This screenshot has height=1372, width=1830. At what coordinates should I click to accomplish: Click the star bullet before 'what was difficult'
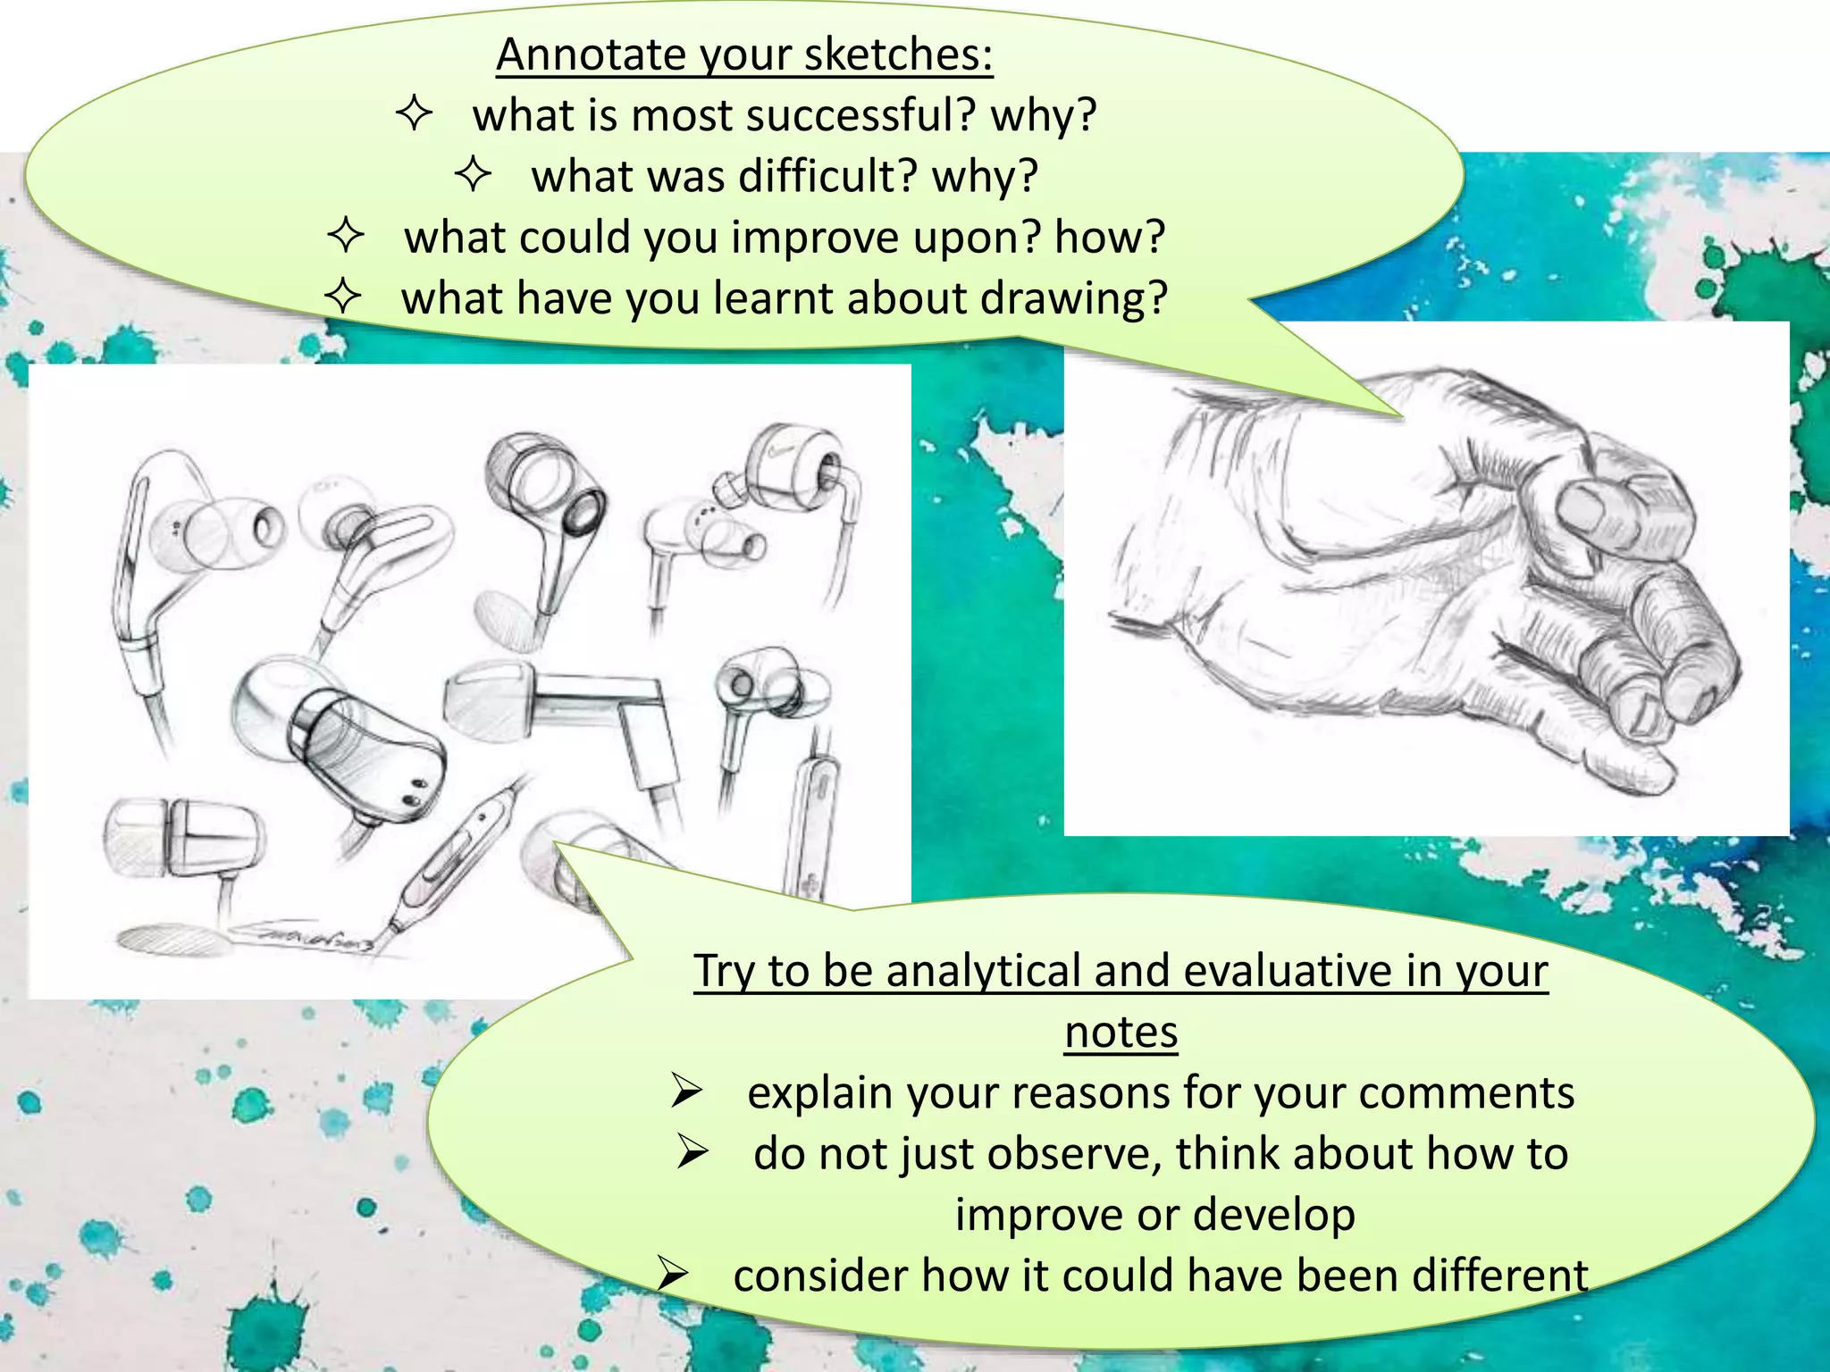point(473,173)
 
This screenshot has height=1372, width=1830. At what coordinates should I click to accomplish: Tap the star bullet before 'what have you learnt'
point(343,296)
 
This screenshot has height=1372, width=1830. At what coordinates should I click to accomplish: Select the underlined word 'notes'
point(1121,1033)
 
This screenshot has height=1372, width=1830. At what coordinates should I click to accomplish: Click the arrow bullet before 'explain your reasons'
point(686,1091)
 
